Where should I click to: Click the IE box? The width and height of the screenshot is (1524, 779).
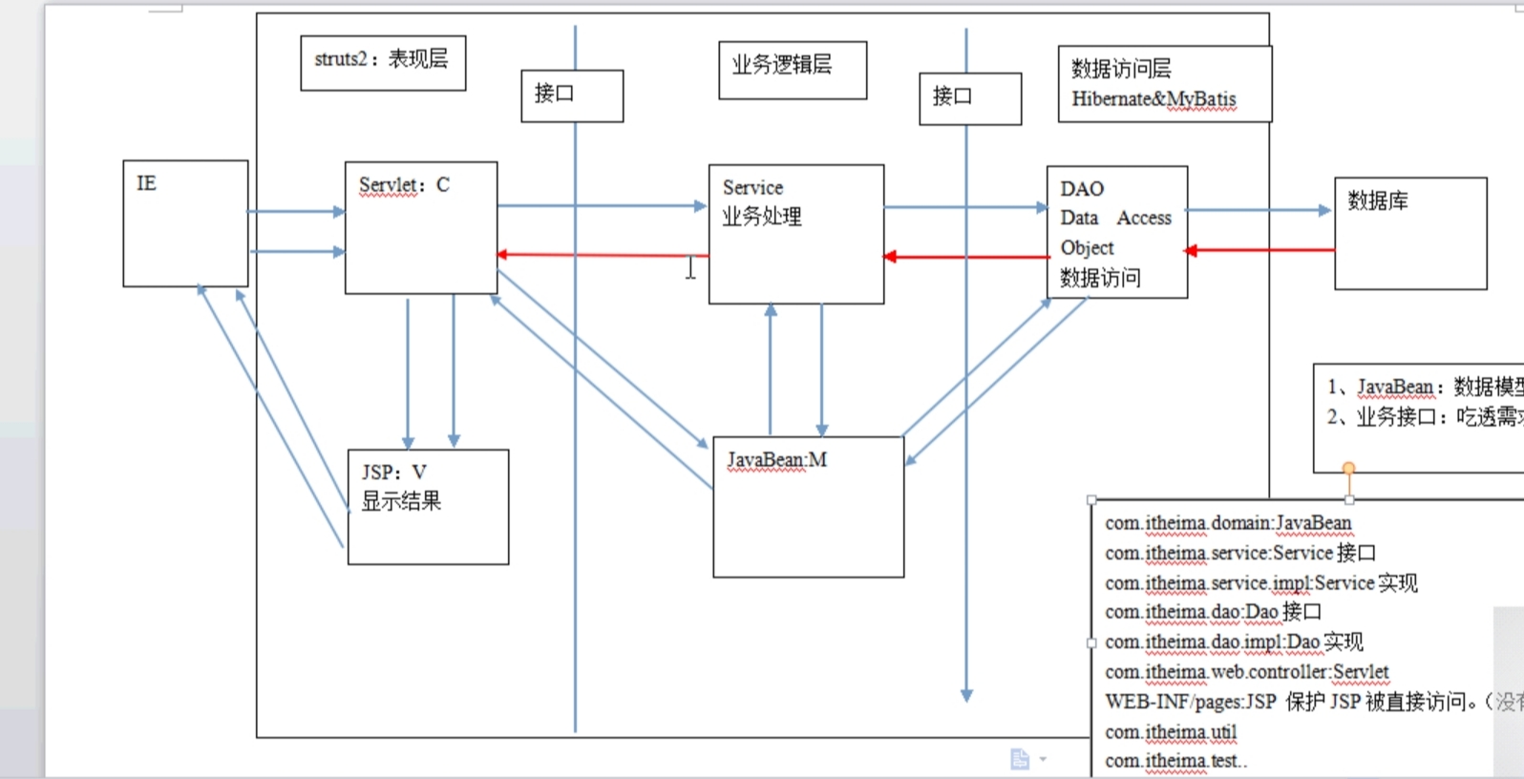184,223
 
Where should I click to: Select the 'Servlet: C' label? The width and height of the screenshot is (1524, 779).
404,185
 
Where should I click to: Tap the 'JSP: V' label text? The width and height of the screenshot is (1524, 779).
394,473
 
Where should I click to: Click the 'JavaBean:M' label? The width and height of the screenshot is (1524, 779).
777,460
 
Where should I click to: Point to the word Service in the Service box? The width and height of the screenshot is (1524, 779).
752,188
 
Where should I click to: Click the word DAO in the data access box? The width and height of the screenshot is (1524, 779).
1082,189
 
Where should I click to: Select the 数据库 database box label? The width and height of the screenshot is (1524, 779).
1377,201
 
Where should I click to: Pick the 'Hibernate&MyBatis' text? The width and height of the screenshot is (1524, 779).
1154,99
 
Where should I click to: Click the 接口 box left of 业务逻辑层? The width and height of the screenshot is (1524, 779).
571,95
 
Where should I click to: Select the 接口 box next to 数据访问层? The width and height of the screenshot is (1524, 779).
969,98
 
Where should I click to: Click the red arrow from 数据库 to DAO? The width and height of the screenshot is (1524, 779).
1260,250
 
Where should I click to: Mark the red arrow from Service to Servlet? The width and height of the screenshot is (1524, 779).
602,255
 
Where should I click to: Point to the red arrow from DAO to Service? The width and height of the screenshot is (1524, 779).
964,257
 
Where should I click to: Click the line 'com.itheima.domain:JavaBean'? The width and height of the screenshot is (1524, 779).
1228,523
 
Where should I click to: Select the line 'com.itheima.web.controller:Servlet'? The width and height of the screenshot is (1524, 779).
1246,672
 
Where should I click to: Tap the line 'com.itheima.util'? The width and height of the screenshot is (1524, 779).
1171,732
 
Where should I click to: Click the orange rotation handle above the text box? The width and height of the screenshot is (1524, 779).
1348,468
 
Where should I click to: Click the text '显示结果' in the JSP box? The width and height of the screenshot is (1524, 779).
401,502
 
